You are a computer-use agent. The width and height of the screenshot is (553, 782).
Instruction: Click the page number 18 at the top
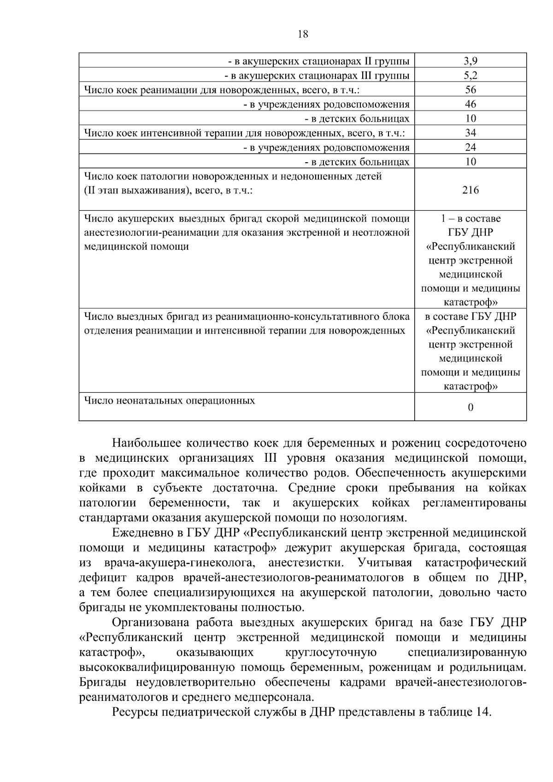303,34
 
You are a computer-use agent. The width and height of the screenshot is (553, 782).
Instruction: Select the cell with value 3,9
470,61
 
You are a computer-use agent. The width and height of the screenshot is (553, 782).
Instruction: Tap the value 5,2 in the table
470,75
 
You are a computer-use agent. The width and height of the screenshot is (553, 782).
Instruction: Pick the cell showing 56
470,90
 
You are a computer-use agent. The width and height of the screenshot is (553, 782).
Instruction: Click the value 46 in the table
470,104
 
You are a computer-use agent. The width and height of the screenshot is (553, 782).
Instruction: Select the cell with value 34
470,133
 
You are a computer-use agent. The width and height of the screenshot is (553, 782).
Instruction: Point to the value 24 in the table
470,147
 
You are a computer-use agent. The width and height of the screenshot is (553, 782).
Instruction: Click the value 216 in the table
470,190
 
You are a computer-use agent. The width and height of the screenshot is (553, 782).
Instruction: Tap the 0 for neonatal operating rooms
470,407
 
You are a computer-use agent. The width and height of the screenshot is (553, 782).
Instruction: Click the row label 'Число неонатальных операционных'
170,400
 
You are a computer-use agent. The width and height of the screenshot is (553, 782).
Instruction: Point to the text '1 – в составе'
470,218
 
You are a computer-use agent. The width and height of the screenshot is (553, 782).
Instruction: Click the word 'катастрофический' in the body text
475,563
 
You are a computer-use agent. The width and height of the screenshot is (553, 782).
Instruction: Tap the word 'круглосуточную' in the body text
330,653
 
